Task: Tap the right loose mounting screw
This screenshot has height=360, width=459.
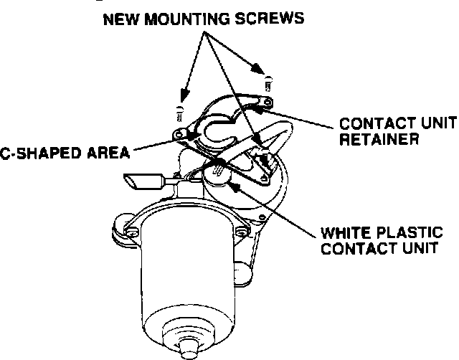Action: pyautogui.click(x=268, y=85)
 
